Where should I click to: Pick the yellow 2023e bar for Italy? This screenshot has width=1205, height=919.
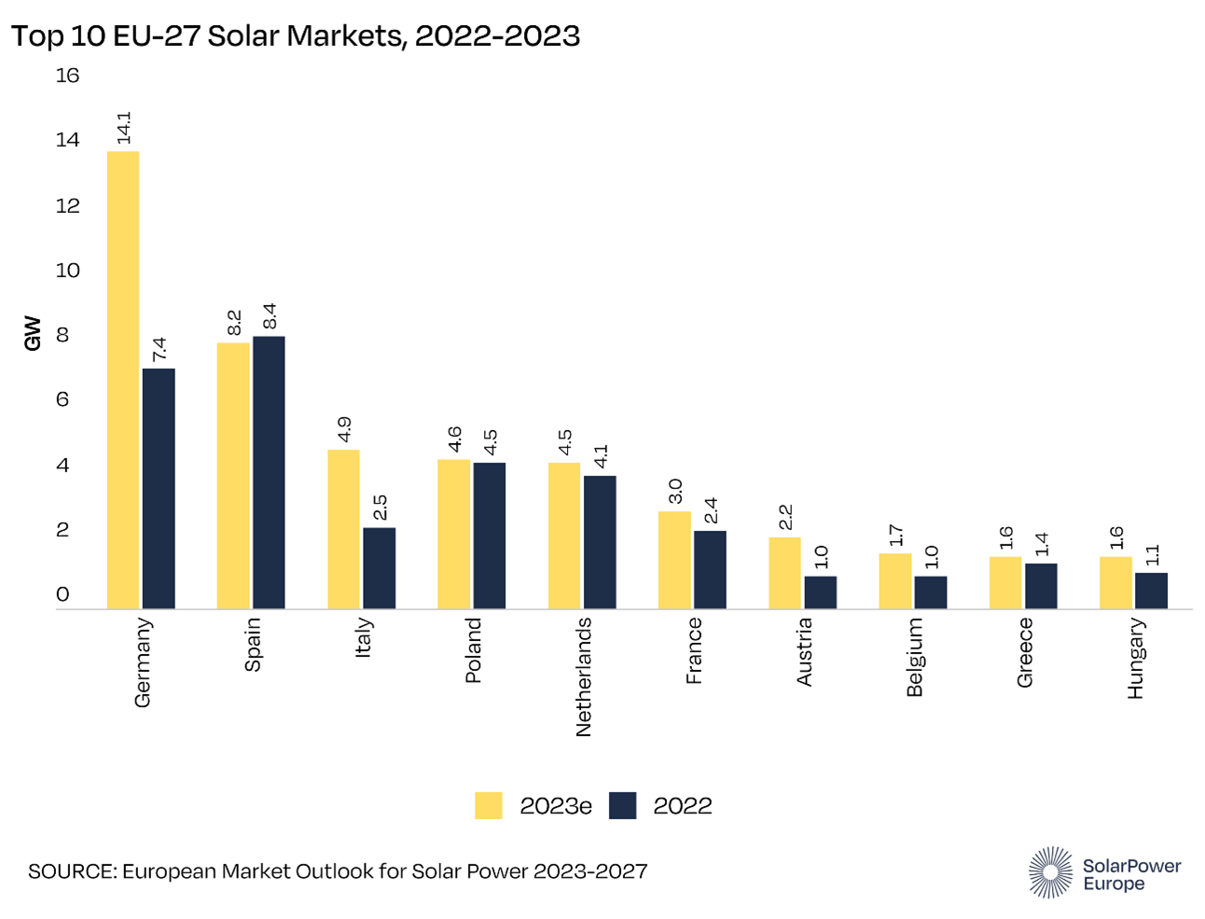343,529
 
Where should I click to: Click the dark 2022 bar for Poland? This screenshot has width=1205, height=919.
489,536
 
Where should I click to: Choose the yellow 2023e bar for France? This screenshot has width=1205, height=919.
674,560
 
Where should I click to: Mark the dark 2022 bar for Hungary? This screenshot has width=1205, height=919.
1151,591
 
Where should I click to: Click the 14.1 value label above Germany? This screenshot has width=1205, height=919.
124,128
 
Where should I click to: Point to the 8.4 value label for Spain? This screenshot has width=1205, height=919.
270,316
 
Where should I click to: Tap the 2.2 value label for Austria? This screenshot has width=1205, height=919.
785,517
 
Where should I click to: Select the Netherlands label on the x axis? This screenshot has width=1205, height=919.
584,677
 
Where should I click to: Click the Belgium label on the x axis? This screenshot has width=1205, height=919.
914,657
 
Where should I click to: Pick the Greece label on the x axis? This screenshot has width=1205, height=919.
1024,652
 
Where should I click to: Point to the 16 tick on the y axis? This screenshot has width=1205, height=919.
67,76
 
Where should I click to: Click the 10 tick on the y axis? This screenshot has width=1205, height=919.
67,271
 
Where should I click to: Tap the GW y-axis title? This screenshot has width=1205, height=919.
33,334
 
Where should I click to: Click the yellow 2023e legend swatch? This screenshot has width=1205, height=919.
488,805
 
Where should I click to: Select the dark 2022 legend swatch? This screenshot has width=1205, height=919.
622,805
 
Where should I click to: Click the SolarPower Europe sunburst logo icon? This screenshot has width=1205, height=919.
1050,872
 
